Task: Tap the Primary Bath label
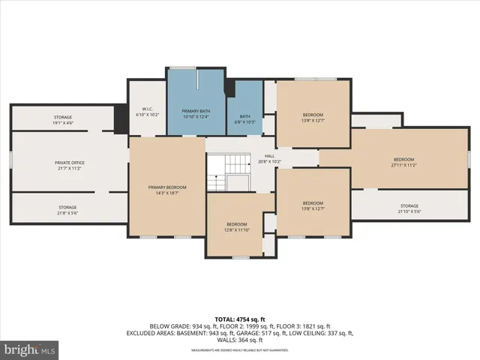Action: click(x=195, y=110)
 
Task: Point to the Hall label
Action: click(x=268, y=157)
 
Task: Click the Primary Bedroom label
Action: click(x=166, y=187)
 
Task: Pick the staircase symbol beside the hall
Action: click(x=228, y=172)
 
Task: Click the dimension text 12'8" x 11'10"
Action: click(x=237, y=229)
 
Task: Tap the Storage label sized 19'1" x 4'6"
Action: click(x=62, y=118)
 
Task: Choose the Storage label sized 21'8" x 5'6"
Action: click(x=67, y=207)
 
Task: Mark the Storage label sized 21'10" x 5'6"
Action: click(x=409, y=205)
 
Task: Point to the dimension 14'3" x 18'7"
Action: click(x=166, y=192)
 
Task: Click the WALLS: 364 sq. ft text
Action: click(x=239, y=340)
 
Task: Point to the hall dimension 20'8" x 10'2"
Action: click(x=268, y=161)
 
